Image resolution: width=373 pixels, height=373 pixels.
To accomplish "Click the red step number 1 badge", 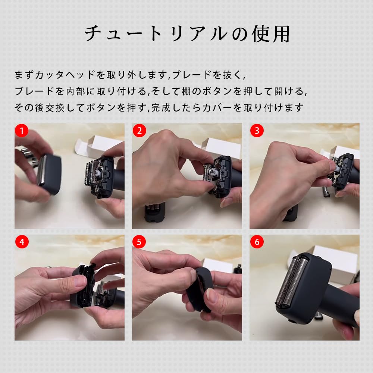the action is pyautogui.click(x=22, y=131).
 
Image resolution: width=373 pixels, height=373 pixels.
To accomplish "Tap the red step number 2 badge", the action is pyautogui.click(x=140, y=131).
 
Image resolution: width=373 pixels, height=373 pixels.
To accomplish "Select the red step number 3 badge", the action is pyautogui.click(x=257, y=131).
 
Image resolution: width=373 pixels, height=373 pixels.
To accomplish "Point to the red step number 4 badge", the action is pyautogui.click(x=22, y=242).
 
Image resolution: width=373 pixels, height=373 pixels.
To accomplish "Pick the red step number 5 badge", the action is pyautogui.click(x=139, y=242).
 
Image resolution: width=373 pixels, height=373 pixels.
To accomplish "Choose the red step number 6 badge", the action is pyautogui.click(x=257, y=242).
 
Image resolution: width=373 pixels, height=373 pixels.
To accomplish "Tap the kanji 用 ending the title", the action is pyautogui.click(x=281, y=34).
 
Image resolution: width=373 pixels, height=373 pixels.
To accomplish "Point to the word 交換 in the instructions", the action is pyautogui.click(x=55, y=107).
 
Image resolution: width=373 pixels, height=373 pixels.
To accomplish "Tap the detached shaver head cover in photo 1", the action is pyautogui.click(x=49, y=173).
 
